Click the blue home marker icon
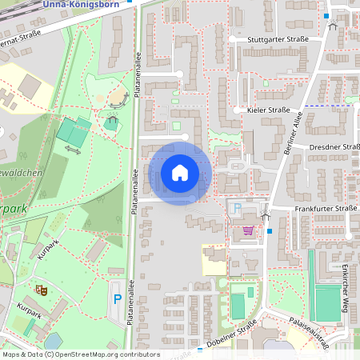tap(180, 173)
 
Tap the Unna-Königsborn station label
tap(99, 4)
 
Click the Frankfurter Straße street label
tap(324, 208)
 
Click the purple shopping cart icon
tap(248, 230)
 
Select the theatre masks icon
tap(40, 288)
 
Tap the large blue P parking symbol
tap(118, 299)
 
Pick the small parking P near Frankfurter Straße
tap(237, 208)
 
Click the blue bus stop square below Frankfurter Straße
tap(270, 231)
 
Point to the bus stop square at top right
tap(326, 15)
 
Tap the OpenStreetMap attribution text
tap(80, 354)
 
